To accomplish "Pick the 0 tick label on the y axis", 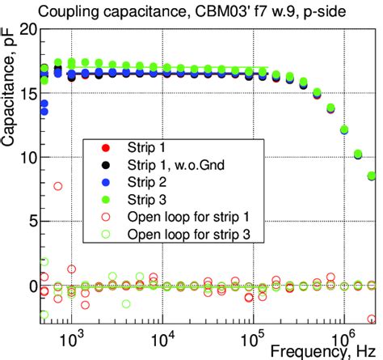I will [x=31, y=286].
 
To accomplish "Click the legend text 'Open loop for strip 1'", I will [x=188, y=217].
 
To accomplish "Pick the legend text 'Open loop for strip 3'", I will [x=188, y=235].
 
